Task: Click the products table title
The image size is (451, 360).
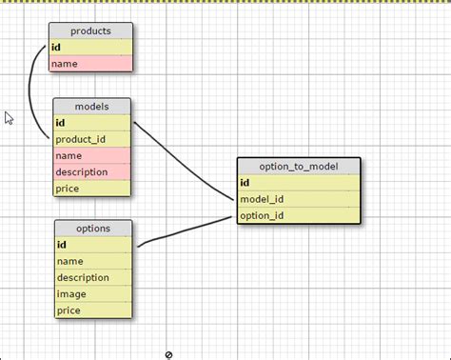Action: coord(90,31)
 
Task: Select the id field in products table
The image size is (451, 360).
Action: coord(90,48)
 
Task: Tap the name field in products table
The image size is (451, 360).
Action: coord(90,64)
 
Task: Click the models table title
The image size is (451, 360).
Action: coord(90,106)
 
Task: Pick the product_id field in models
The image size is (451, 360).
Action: coord(90,139)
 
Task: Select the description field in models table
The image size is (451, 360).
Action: coord(90,172)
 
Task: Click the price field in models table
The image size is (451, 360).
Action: coord(90,189)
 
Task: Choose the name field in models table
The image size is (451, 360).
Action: coord(90,155)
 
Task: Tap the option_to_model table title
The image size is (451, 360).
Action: coord(299,167)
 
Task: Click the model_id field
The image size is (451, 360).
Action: coord(299,199)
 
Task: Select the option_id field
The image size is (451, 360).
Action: coord(299,216)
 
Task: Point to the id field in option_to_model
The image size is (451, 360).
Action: coord(299,183)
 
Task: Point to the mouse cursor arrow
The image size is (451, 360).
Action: coord(9,118)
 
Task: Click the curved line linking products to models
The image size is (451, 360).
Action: coord(31,95)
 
